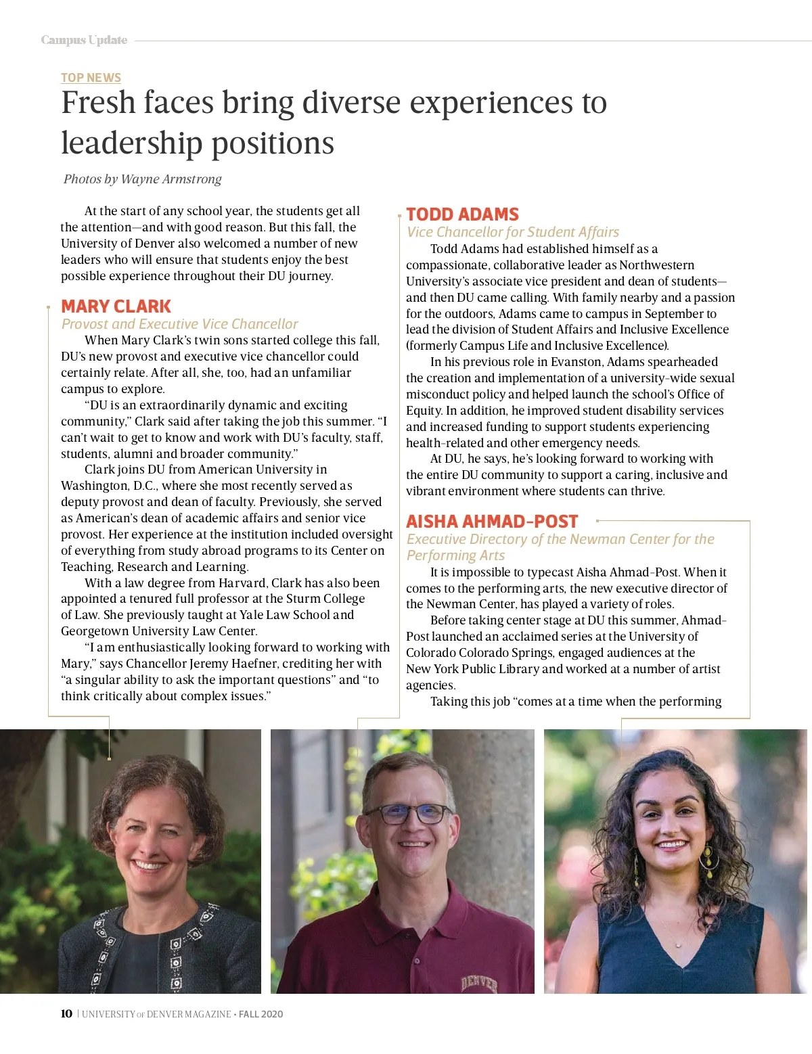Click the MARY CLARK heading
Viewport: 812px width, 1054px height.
coord(116,306)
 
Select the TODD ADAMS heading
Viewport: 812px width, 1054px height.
coord(462,214)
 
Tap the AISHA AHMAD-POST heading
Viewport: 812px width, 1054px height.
coord(492,522)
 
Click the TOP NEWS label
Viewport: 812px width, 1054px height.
coord(91,78)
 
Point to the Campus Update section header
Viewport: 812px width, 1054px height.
coord(84,41)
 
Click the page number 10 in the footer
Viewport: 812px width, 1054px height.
coord(66,1013)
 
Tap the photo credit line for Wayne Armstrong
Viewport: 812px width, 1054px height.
coord(142,179)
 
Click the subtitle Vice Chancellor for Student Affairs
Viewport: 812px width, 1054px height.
coord(512,232)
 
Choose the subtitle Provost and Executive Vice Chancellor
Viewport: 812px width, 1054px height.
coord(179,324)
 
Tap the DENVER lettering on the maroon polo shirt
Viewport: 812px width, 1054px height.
coord(479,983)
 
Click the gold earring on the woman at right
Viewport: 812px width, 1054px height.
coord(708,858)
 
